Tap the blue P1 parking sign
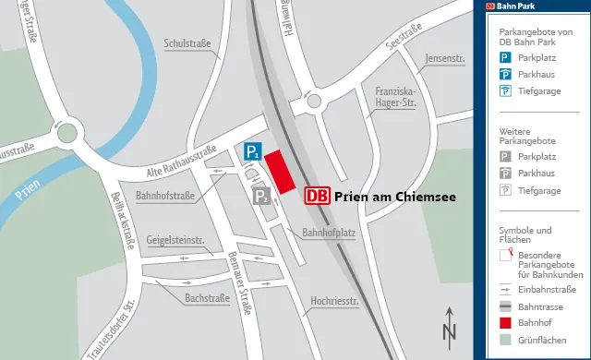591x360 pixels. coord(253,152)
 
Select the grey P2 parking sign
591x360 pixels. coord(262,195)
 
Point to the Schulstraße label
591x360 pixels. coord(188,43)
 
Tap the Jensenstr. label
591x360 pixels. coord(445,60)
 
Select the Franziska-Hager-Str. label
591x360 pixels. coord(396,98)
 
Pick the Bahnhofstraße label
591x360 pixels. coord(164,196)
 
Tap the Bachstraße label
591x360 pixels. coord(207,298)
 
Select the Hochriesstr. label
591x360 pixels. coord(334,300)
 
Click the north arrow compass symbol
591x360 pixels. coord(449,325)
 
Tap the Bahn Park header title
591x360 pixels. coord(517,6)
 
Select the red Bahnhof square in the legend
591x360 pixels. coord(506,323)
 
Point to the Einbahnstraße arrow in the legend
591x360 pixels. coord(506,289)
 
